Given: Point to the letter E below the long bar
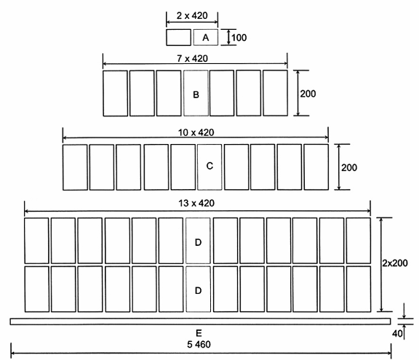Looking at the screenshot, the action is click(x=199, y=333).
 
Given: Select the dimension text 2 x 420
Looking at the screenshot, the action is click(x=192, y=16).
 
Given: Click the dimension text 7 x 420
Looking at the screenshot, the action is click(x=192, y=58).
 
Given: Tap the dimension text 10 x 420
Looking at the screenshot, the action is click(x=196, y=132).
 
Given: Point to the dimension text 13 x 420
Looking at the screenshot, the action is click(x=196, y=203).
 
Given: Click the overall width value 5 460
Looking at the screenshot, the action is click(x=199, y=345).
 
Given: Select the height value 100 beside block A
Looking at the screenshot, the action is click(x=239, y=38).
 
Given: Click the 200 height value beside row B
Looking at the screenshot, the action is click(x=308, y=94).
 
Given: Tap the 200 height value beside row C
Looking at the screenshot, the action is click(x=349, y=168).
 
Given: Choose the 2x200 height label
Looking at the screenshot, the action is click(x=395, y=263).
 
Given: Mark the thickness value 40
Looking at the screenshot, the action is click(x=397, y=334).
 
